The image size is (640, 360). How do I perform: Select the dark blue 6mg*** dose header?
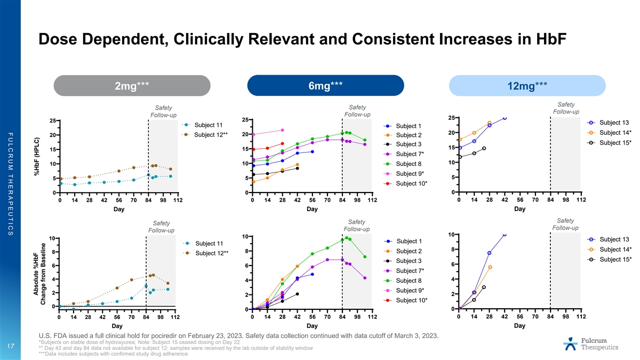point(325,85)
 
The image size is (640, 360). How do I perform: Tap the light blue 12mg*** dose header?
point(527,85)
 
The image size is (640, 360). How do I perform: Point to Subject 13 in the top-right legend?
point(614,122)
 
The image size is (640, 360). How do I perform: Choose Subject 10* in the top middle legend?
point(409,183)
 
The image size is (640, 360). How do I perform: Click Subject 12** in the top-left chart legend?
point(212,134)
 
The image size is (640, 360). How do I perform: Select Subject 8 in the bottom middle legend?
point(409,281)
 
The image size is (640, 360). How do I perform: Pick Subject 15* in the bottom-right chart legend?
point(615,259)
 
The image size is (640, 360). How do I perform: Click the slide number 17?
point(10,346)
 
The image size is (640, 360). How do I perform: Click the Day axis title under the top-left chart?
point(119,210)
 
